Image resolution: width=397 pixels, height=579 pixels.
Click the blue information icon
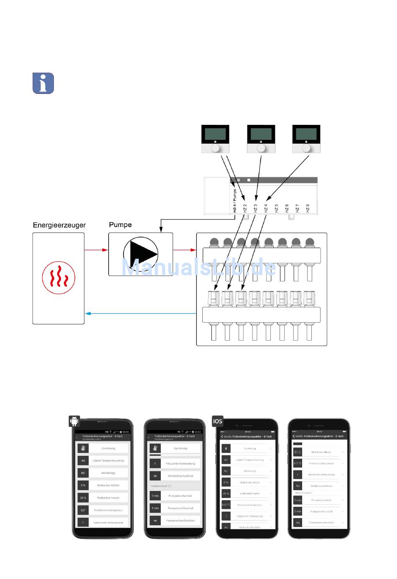(43, 83)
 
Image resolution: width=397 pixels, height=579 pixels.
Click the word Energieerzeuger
(59, 225)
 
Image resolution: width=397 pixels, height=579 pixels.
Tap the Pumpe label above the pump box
(120, 225)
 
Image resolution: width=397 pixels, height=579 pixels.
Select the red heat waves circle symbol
(59, 278)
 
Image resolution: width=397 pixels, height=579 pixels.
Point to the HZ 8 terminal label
(308, 208)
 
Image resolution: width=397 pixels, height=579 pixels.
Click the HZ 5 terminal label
(276, 208)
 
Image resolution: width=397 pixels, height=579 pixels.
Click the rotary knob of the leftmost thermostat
(216, 149)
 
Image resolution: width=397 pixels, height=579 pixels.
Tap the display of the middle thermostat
(261, 134)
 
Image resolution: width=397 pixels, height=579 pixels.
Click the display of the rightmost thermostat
(306, 134)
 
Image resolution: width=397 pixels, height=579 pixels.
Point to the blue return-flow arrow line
(140, 314)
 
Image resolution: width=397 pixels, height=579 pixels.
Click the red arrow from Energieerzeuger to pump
(96, 250)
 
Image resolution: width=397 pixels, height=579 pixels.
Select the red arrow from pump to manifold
(184, 250)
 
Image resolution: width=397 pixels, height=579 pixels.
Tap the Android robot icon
(74, 421)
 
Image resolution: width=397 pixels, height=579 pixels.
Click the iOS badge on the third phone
(218, 421)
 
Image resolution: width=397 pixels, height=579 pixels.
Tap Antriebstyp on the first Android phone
(108, 473)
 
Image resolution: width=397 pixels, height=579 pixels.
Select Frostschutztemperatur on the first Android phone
(108, 510)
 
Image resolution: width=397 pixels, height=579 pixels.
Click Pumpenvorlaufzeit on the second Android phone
(180, 496)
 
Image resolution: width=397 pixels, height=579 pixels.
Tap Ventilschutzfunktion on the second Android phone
(180, 476)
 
